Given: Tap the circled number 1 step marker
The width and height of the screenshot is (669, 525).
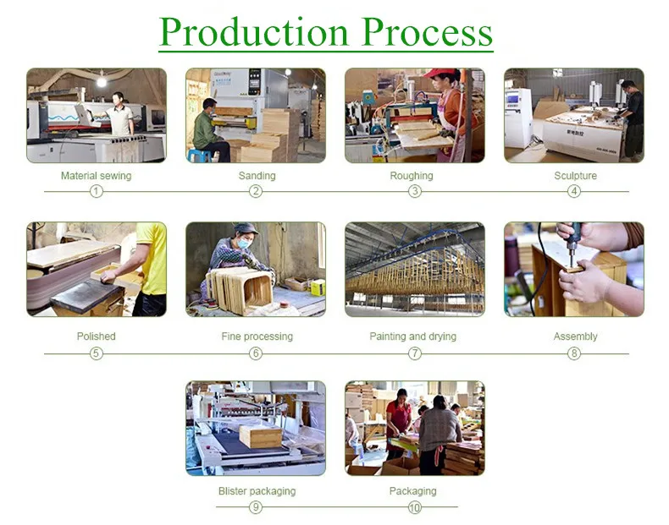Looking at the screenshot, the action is point(97,191).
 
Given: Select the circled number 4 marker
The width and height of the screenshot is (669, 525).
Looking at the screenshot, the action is point(574,191).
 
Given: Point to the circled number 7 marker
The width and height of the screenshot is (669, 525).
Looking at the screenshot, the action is point(415,353).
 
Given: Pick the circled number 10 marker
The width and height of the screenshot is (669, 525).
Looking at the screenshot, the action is point(414,507).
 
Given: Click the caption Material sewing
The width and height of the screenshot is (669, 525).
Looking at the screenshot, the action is point(97,176).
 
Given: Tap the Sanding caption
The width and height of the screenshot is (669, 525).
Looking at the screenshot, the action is point(257,176).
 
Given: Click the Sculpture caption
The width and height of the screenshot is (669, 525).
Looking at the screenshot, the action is point(575,176).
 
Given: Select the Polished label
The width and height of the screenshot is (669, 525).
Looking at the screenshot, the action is point(97,336).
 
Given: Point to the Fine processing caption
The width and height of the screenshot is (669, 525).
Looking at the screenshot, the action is point(257,336).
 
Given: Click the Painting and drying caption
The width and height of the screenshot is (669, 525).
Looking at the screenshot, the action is point(412,336).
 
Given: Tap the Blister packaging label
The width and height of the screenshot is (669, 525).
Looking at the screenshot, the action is point(257,491).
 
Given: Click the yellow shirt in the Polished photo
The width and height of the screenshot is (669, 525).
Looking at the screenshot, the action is point(153,258).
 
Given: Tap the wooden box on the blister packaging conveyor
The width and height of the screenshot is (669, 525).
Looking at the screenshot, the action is point(260,436).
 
